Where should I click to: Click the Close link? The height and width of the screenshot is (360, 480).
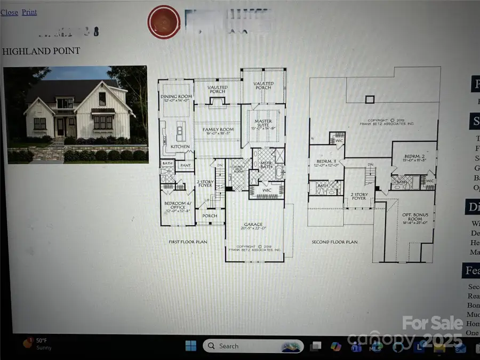[9, 12]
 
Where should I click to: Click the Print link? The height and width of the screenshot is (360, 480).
[29, 12]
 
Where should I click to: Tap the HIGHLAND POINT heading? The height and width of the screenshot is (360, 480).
[41, 51]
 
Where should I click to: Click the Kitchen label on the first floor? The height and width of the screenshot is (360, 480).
[180, 146]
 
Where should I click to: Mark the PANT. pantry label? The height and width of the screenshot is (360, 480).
[185, 166]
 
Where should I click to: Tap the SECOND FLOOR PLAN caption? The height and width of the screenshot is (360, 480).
[334, 242]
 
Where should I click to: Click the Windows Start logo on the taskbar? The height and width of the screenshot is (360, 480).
[189, 346]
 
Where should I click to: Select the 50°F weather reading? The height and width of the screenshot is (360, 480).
[43, 340]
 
